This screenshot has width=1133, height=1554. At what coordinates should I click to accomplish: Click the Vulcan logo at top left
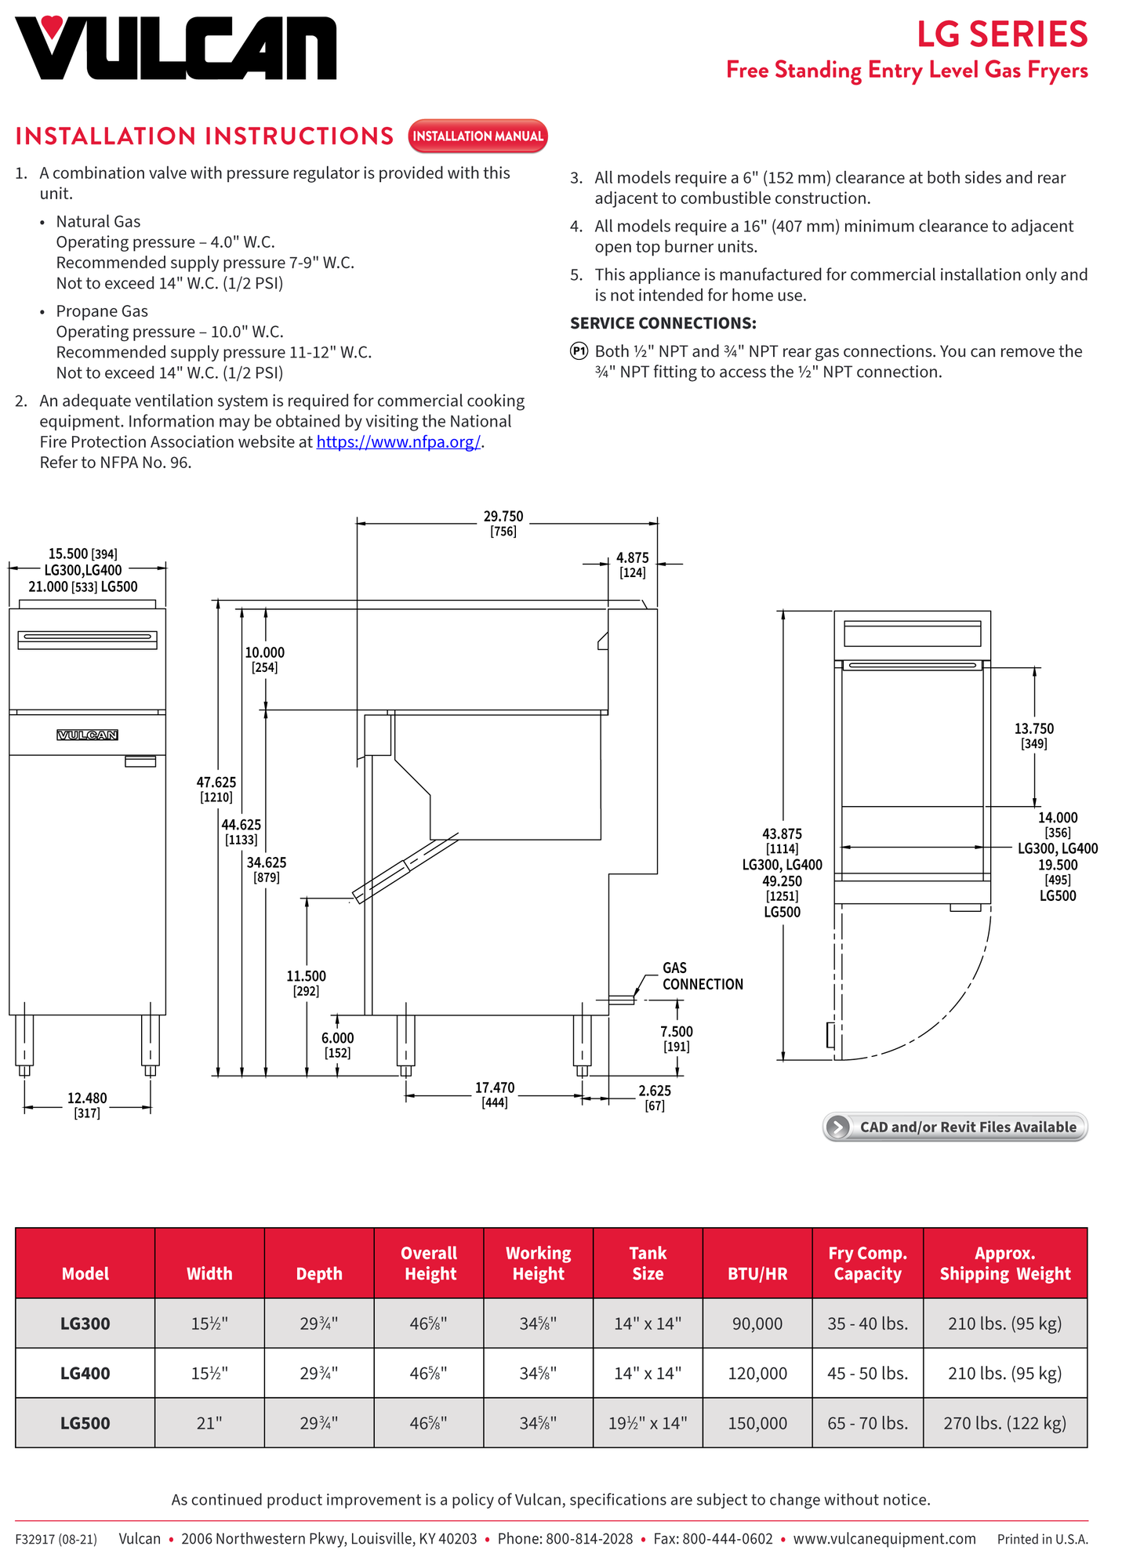click(176, 48)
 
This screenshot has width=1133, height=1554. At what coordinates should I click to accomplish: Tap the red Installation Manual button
click(478, 136)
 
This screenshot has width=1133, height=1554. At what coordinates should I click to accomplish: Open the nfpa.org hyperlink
click(398, 442)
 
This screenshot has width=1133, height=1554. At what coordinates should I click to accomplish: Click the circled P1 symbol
click(579, 351)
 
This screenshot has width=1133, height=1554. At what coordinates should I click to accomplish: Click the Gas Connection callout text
click(703, 976)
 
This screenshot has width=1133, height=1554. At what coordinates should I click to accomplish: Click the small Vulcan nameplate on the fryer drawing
click(88, 735)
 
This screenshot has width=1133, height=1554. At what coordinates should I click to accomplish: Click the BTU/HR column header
click(757, 1273)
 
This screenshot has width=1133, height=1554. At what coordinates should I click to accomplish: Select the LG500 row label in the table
click(85, 1423)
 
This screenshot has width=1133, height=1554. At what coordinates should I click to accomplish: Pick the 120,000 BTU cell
click(757, 1373)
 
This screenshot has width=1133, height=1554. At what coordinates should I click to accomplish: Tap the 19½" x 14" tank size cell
click(648, 1423)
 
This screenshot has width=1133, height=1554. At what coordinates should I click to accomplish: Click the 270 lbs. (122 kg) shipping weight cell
click(1005, 1423)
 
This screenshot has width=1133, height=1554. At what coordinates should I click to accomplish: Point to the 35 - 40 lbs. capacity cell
click(867, 1323)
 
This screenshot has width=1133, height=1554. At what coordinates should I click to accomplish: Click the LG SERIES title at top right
click(1002, 34)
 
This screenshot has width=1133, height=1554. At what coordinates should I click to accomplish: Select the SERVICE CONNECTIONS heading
click(663, 323)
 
